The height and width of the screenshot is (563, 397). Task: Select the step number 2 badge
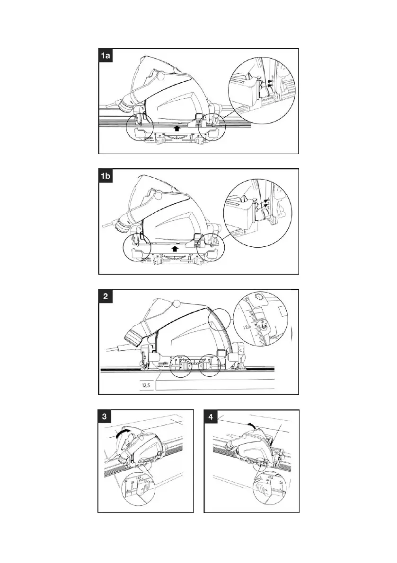[x=106, y=297]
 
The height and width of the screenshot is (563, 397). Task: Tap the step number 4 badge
[x=211, y=417]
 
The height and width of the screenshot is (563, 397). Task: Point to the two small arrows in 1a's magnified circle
[x=271, y=84]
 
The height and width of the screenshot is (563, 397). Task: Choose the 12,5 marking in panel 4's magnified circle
[x=270, y=477]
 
